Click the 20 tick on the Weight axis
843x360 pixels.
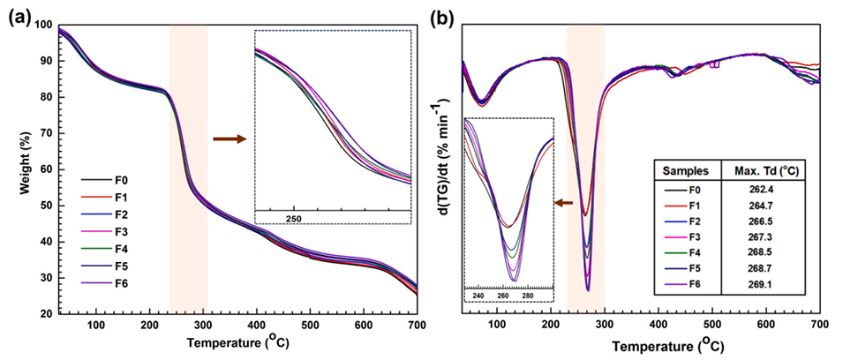click(45, 313)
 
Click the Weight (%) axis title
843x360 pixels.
click(15, 168)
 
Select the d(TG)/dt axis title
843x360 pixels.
click(439, 168)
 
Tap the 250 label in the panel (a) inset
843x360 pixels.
click(295, 218)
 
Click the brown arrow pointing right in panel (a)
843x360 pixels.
click(229, 139)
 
